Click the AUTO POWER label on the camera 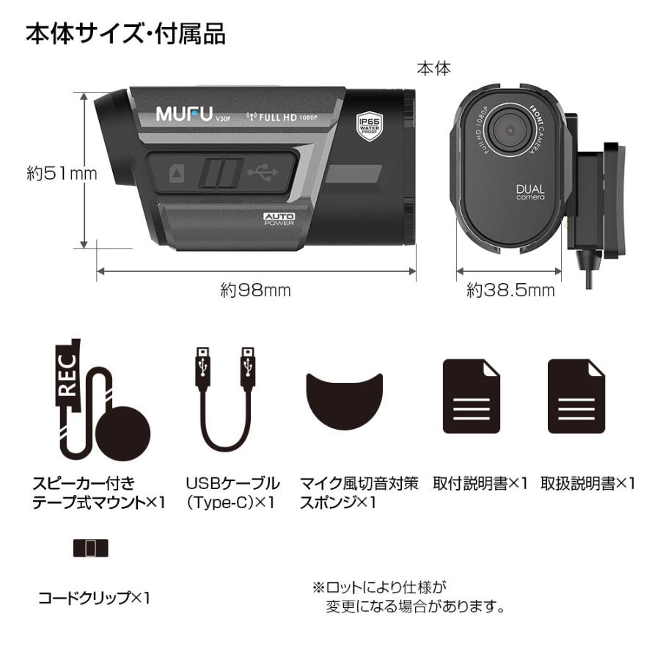(x=279, y=219)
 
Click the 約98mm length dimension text (x=256, y=290)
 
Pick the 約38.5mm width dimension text (x=510, y=290)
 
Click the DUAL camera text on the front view (x=530, y=193)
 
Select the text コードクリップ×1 (x=94, y=598)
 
